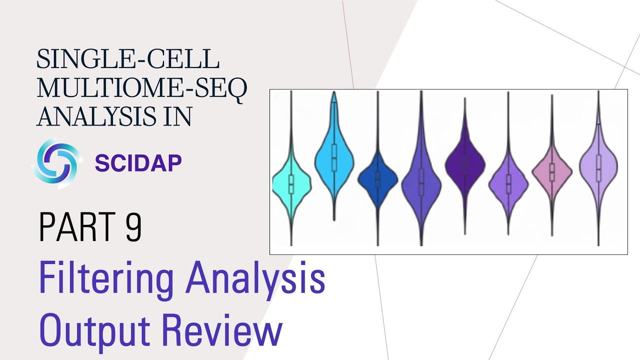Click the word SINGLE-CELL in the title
tap(128, 60)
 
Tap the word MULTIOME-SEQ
tap(142, 89)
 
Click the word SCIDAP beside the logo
tap(138, 163)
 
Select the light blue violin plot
tap(334, 157)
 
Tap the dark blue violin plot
tap(377, 178)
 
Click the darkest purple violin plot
tap(465, 164)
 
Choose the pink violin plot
tap(551, 171)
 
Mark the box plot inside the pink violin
tap(551, 172)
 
